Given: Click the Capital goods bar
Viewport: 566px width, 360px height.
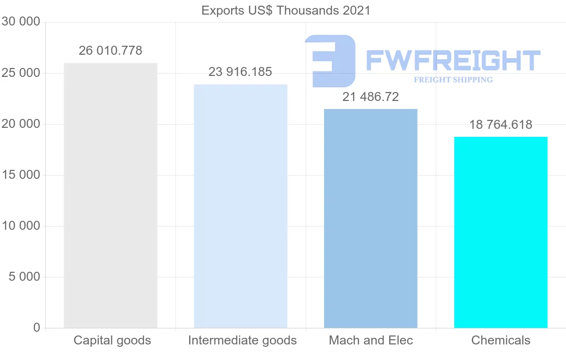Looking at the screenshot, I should coord(110,195).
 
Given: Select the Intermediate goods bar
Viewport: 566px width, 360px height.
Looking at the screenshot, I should coord(241,206).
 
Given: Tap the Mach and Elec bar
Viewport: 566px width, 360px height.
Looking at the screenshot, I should coord(371,218).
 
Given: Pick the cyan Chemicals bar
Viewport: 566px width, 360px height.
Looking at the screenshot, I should coord(501,232).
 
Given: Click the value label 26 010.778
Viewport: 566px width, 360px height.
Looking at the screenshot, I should coord(110,50).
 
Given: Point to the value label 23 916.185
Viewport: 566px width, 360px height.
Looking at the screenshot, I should coord(241,72).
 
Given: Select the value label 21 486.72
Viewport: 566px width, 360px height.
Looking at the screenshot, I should coord(371,97).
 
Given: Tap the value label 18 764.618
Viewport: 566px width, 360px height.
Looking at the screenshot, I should coord(501,125).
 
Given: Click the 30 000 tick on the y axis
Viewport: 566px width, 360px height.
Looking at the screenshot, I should coord(20,22).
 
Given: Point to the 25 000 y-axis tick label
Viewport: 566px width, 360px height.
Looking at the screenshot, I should coord(20,73).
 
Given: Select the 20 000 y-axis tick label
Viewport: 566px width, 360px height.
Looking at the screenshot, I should coord(20,124).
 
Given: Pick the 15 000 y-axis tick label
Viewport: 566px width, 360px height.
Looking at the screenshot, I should coord(20,175).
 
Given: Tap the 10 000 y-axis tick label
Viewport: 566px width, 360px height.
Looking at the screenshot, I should coord(20,226).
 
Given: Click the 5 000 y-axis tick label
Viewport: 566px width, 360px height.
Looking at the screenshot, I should coord(25,277).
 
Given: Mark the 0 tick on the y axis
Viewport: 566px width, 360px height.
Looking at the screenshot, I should coord(37,328).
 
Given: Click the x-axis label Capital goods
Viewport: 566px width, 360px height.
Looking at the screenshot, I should coord(112,340).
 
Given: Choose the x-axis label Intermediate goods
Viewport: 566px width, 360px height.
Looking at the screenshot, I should coord(242,340).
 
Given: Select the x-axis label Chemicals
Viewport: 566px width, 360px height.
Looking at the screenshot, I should coord(501,340).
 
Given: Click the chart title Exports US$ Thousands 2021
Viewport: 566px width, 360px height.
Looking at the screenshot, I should coord(286,10).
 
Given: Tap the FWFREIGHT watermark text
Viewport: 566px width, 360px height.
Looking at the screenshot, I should coord(453,60).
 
